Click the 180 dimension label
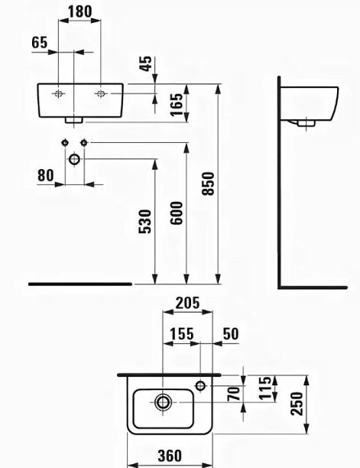(x=80, y=12)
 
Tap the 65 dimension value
(x=40, y=42)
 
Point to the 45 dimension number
(x=146, y=63)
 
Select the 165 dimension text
(x=176, y=104)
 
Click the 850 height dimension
(x=208, y=184)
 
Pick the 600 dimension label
(x=176, y=213)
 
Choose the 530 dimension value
(x=145, y=222)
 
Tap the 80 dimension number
(x=46, y=176)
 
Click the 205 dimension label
(x=187, y=304)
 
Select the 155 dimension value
(x=182, y=333)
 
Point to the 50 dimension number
(x=231, y=333)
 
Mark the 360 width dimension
(x=170, y=456)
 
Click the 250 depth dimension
(x=297, y=404)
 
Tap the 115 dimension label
(x=265, y=388)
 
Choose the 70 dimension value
(x=234, y=394)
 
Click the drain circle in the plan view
(x=163, y=402)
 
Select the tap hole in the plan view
(x=201, y=385)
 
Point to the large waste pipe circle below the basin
(x=74, y=159)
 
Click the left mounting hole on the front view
(x=58, y=94)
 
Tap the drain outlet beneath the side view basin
(x=306, y=122)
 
